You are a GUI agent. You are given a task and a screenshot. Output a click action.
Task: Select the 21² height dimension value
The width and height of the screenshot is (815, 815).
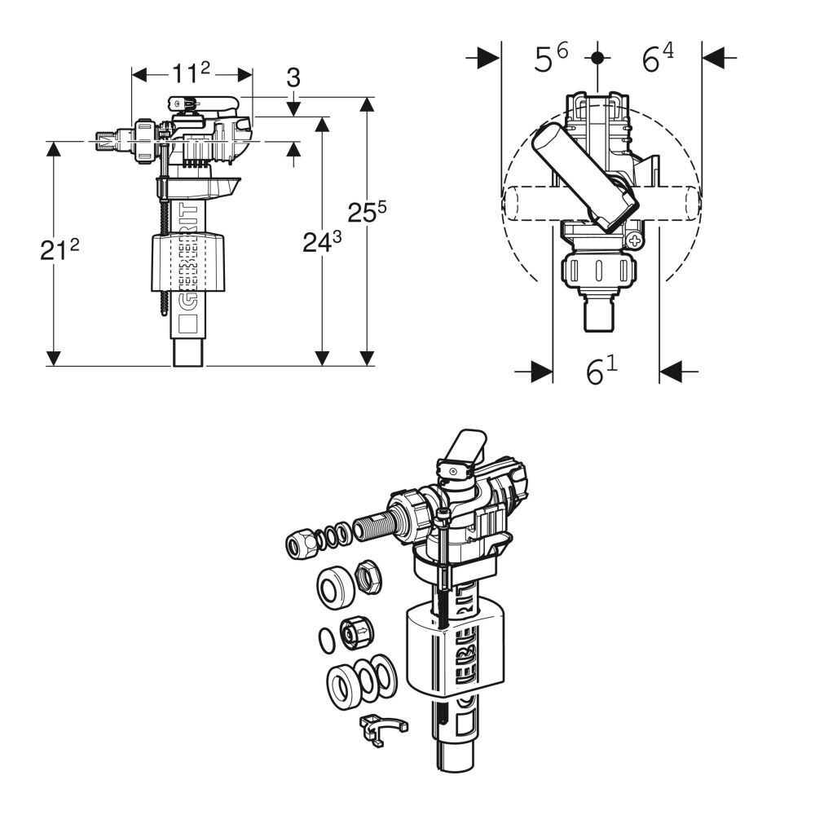[60, 250]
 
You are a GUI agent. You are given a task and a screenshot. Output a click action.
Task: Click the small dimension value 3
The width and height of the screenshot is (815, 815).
[293, 77]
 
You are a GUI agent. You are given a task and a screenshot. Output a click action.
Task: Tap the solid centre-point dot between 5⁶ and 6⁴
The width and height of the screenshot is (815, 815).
[599, 57]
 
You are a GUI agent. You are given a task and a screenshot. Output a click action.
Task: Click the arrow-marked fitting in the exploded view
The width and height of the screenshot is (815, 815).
[356, 632]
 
